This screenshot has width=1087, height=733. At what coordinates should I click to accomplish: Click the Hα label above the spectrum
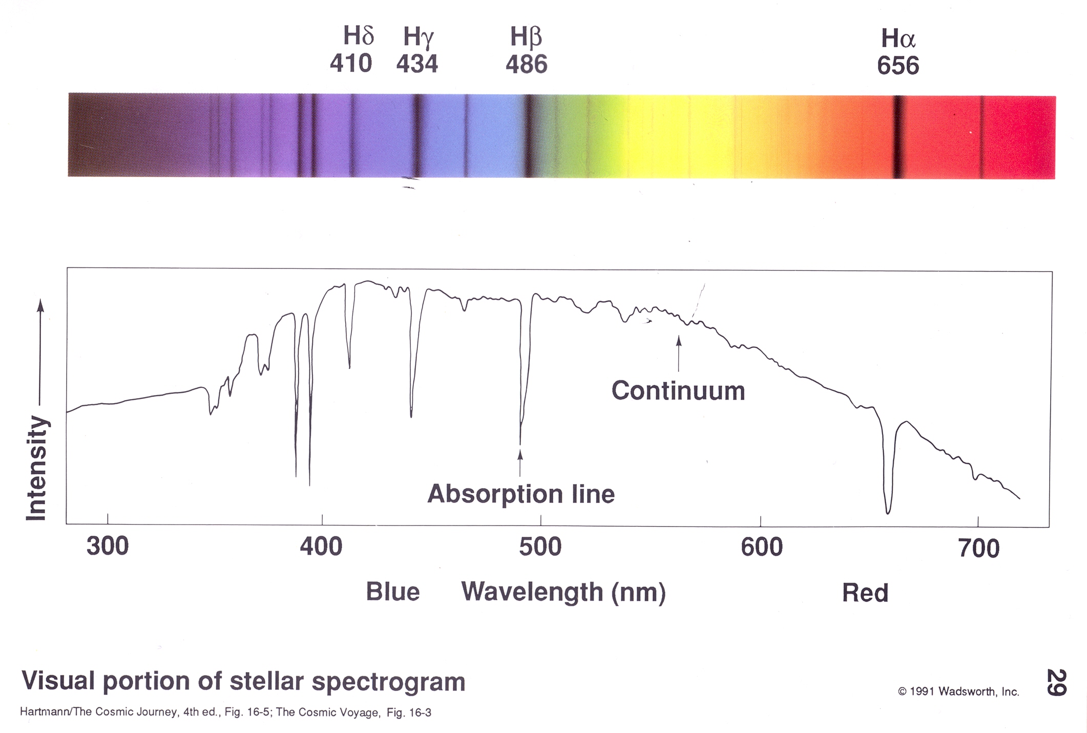[898, 38]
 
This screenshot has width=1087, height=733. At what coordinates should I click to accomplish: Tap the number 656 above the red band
[898, 66]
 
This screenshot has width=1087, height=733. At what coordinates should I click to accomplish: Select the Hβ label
[526, 37]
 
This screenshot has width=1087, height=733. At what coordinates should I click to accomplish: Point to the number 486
[527, 65]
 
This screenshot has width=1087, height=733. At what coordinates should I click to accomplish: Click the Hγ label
[418, 37]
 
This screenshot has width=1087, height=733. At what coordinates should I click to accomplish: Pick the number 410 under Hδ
[350, 64]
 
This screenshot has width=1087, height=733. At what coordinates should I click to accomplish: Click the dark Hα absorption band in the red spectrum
[898, 137]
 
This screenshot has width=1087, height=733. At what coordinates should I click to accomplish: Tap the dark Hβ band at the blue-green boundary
[529, 136]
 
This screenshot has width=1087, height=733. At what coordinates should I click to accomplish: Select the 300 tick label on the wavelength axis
[107, 547]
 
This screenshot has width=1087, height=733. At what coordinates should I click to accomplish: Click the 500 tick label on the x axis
[540, 547]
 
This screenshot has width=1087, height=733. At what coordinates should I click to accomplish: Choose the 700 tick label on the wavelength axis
[978, 549]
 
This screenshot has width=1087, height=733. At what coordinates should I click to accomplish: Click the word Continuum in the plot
[678, 391]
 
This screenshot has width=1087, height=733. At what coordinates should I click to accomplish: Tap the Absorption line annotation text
[521, 494]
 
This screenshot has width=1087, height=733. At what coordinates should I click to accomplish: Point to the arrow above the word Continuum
[679, 353]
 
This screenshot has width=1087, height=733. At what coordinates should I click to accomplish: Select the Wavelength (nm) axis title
[563, 592]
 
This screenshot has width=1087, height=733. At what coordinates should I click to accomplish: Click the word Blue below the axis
[392, 592]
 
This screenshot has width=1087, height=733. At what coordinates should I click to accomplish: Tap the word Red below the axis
[865, 593]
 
